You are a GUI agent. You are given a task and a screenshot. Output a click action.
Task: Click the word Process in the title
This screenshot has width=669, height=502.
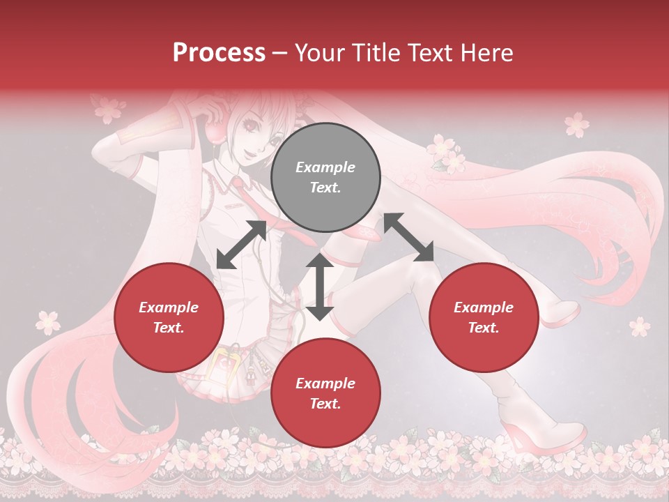click(x=219, y=53)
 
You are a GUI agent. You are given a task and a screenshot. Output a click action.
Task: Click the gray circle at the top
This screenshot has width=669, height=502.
click(x=325, y=177)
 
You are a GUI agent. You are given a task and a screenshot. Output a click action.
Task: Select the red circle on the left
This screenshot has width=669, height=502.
click(x=169, y=317)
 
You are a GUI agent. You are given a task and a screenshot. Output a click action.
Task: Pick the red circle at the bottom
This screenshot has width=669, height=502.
click(x=325, y=393)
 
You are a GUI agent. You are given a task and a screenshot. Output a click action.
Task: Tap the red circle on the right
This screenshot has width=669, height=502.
click(x=484, y=317)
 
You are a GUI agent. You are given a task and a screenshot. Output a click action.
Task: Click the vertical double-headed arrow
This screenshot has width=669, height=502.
click(x=320, y=287)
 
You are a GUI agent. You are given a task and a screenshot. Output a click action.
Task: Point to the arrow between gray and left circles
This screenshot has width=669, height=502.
click(x=242, y=245)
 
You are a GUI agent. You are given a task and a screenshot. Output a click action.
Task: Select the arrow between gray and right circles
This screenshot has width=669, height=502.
click(x=408, y=237)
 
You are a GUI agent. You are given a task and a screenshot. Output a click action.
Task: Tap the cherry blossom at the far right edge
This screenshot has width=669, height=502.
click(x=638, y=326)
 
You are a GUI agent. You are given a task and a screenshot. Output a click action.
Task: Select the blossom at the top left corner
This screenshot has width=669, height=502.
click(x=109, y=109)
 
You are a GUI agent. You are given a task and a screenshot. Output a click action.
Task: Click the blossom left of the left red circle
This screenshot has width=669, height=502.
click(x=49, y=321)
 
